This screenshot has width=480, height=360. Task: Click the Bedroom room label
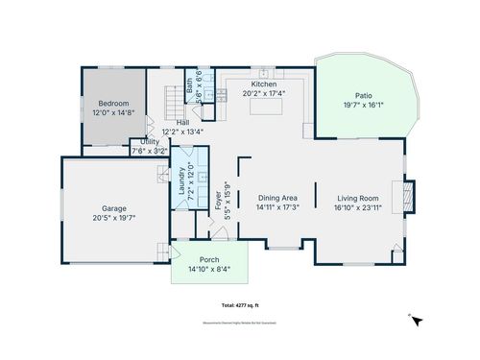(x=114, y=103)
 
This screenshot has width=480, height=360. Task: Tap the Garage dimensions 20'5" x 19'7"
(x=114, y=217)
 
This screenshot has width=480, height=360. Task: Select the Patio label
(x=363, y=94)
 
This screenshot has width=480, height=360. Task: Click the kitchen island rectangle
(x=266, y=107)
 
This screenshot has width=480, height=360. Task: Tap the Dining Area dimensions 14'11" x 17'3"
(x=277, y=206)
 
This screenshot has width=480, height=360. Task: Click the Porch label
(x=209, y=260)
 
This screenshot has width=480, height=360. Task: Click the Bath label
(x=190, y=82)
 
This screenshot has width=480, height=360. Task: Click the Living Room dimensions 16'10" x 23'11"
(x=356, y=206)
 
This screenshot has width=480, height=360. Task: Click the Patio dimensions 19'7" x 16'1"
(x=363, y=104)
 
